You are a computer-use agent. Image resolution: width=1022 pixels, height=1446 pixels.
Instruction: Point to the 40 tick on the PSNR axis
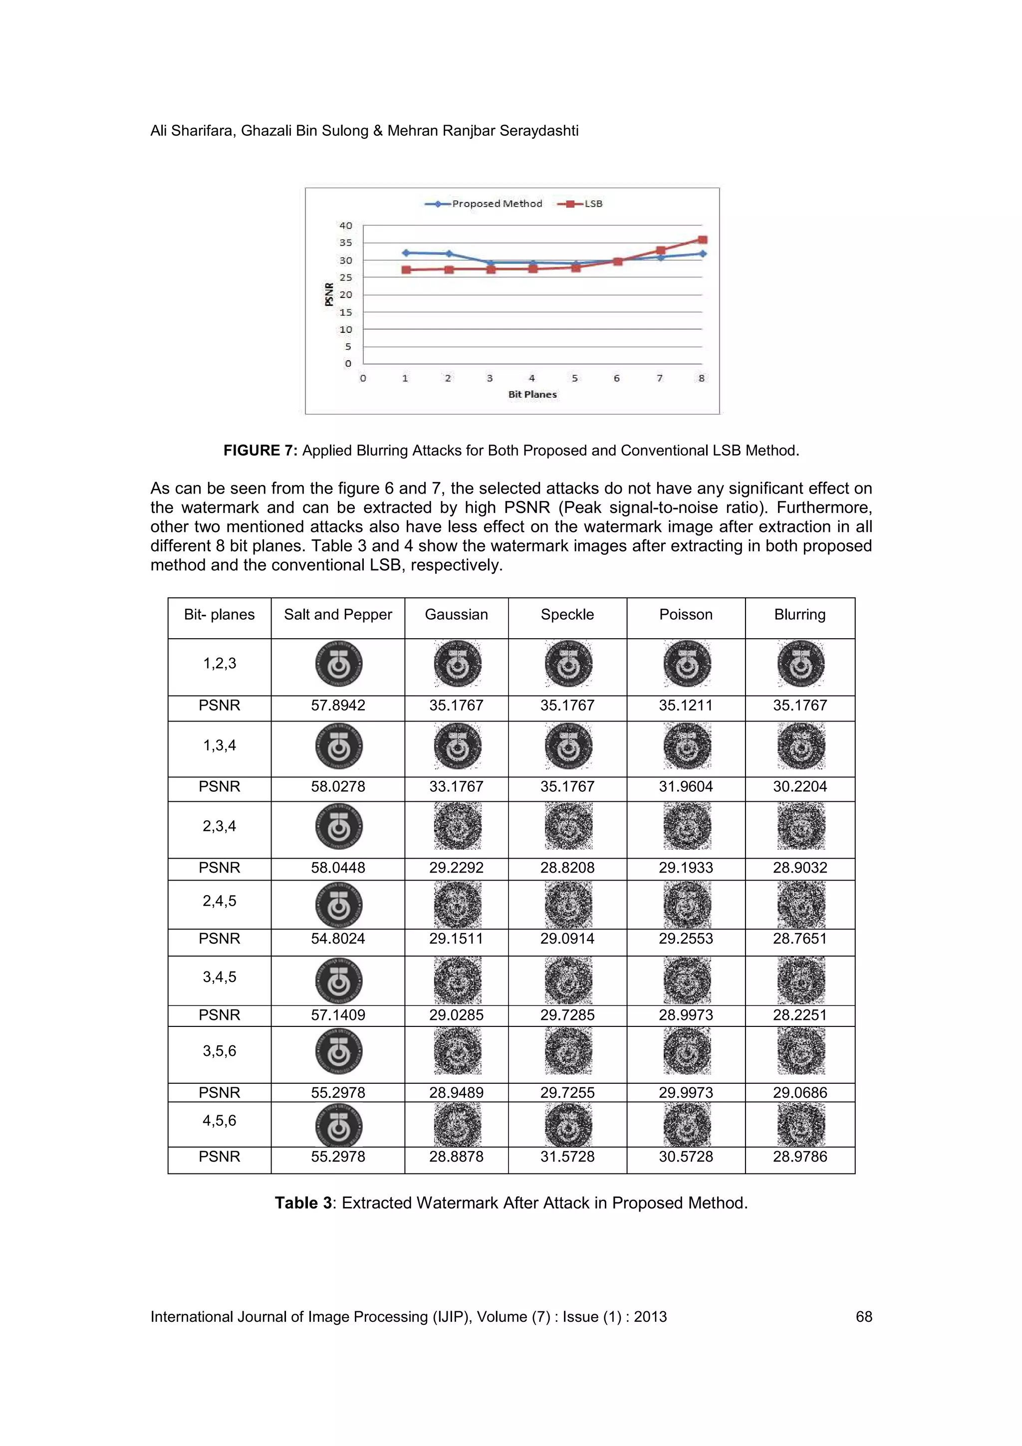click(x=346, y=226)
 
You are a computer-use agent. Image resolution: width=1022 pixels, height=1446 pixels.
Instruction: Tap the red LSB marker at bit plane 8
click(x=703, y=240)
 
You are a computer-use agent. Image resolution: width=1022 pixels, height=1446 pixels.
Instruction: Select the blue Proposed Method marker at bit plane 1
click(x=406, y=252)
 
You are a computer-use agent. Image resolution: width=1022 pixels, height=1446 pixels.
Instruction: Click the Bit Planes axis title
click(x=532, y=394)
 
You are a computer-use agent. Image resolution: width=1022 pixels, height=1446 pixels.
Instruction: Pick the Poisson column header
click(x=685, y=615)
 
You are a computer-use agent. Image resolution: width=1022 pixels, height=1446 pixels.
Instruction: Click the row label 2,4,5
click(x=219, y=901)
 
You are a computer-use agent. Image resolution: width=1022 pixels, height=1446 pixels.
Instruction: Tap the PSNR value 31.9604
click(x=685, y=786)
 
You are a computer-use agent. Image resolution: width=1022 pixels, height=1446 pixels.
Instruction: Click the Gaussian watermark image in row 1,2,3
click(x=457, y=664)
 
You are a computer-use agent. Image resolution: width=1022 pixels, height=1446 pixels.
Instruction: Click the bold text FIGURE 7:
click(x=260, y=450)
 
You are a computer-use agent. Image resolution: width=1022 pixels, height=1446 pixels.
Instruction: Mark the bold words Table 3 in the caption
click(x=303, y=1203)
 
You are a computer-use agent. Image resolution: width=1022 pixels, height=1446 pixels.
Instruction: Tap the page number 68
click(x=863, y=1317)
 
